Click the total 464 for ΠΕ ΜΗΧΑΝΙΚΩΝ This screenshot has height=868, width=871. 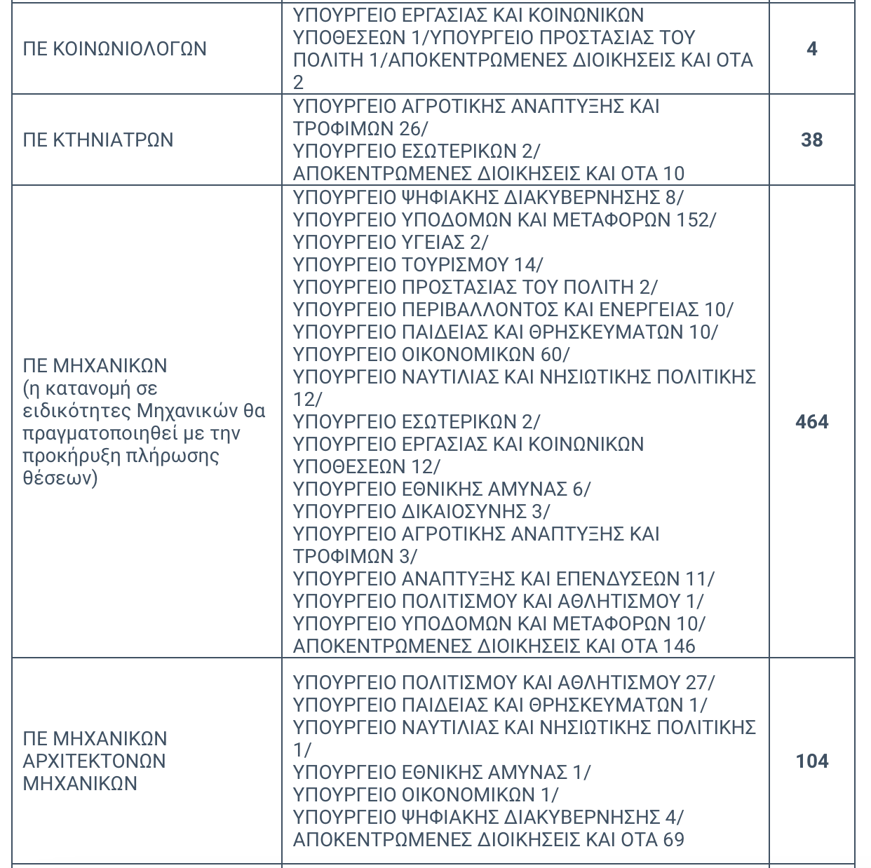coord(812,422)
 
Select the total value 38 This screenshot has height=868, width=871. coord(811,140)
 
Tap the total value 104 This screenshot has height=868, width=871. coord(812,761)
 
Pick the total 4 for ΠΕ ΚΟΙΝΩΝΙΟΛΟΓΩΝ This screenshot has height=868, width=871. coord(812,49)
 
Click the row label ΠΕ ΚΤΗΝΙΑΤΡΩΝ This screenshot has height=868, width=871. coord(98,140)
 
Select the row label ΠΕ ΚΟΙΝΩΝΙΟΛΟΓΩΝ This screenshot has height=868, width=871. coord(115,49)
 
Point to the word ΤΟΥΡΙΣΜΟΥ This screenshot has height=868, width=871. coord(455,265)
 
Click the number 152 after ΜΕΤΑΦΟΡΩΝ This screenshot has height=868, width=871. coord(693,220)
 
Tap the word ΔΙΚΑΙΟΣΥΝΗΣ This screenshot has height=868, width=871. coord(464,512)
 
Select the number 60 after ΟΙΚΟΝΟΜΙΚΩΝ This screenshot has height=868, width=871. coord(551,355)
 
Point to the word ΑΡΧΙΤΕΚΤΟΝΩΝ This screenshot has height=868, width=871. coord(95,761)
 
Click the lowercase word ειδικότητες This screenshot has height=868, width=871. coord(76,411)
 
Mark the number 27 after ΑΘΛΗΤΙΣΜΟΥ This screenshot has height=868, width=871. coord(697,683)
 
